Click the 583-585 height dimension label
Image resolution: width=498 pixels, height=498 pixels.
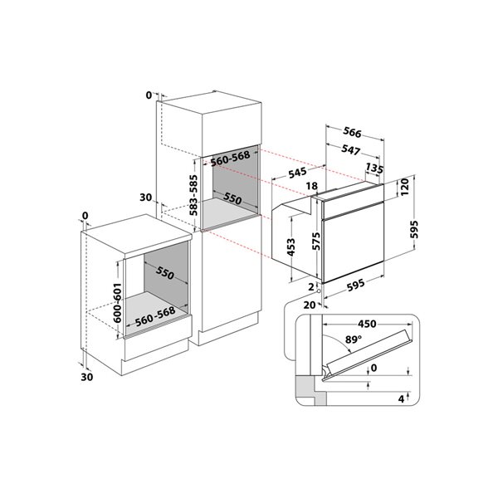[x=193, y=195]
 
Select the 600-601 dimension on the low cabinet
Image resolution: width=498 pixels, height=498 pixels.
[x=117, y=303]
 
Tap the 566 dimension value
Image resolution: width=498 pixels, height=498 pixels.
[x=352, y=133]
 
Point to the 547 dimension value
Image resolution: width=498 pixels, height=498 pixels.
[x=350, y=150]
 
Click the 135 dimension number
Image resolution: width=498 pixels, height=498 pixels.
[x=374, y=168]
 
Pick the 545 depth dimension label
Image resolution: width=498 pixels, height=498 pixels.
[x=298, y=173]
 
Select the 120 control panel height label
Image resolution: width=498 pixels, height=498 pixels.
[x=404, y=187]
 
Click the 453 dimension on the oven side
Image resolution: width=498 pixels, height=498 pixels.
[x=290, y=247]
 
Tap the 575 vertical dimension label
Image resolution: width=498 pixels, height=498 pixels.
[x=315, y=242]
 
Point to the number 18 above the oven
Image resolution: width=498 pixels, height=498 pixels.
[x=312, y=186]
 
